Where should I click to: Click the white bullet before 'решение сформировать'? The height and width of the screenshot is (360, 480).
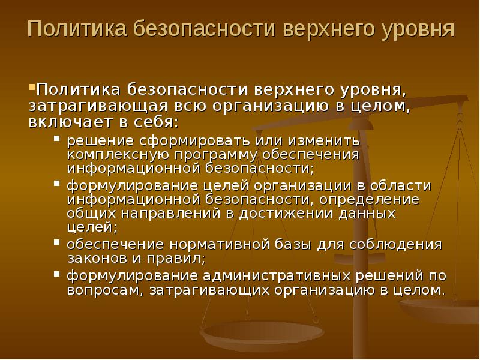[x=56, y=139]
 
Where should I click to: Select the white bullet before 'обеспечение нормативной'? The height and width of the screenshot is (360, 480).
[x=56, y=242]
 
